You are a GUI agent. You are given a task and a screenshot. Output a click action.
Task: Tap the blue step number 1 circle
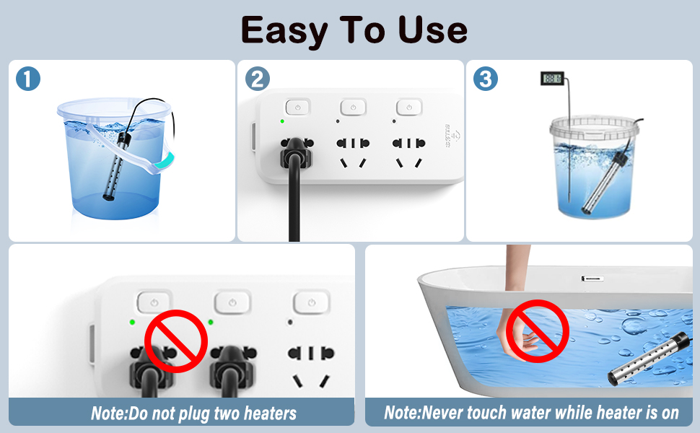pos(27,79)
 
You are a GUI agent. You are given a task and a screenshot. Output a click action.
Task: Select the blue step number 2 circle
pos(257,79)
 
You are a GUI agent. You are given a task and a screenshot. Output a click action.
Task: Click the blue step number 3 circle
pos(486,79)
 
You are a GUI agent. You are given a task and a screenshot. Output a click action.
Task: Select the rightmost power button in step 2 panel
pos(409,107)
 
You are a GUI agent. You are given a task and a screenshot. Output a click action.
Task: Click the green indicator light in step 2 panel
pos(282,121)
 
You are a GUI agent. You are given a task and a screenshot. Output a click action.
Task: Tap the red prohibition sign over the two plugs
pos(177,341)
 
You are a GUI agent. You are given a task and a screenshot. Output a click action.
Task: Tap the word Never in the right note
pos(452,413)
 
